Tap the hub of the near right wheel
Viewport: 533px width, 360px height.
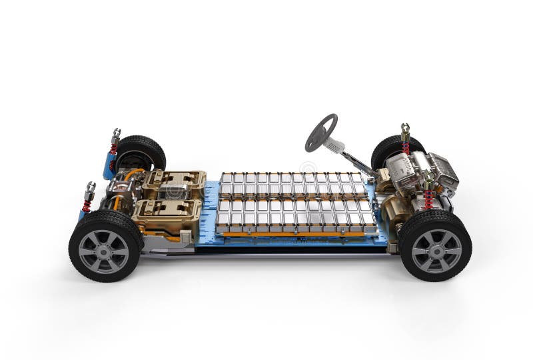click(436, 251)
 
